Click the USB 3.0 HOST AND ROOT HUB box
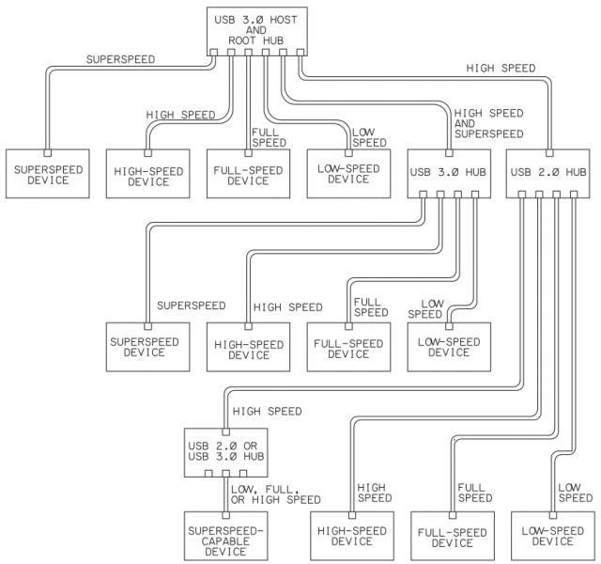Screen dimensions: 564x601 [255, 29]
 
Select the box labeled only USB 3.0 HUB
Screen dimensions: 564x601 [448, 172]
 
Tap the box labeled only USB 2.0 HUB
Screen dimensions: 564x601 [549, 172]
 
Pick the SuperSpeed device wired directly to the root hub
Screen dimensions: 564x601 [48, 174]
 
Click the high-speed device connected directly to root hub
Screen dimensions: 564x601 [147, 175]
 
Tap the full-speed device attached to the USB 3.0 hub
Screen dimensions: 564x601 [348, 347]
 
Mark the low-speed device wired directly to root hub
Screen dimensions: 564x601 [348, 174]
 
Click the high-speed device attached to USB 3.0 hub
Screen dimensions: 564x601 [248, 349]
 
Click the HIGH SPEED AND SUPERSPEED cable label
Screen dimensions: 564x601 [488, 123]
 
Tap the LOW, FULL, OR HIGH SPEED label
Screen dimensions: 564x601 [276, 494]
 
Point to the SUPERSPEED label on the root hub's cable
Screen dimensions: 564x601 [120, 59]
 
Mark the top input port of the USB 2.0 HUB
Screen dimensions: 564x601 [549, 150]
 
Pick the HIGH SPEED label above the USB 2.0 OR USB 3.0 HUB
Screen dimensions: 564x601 [267, 411]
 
